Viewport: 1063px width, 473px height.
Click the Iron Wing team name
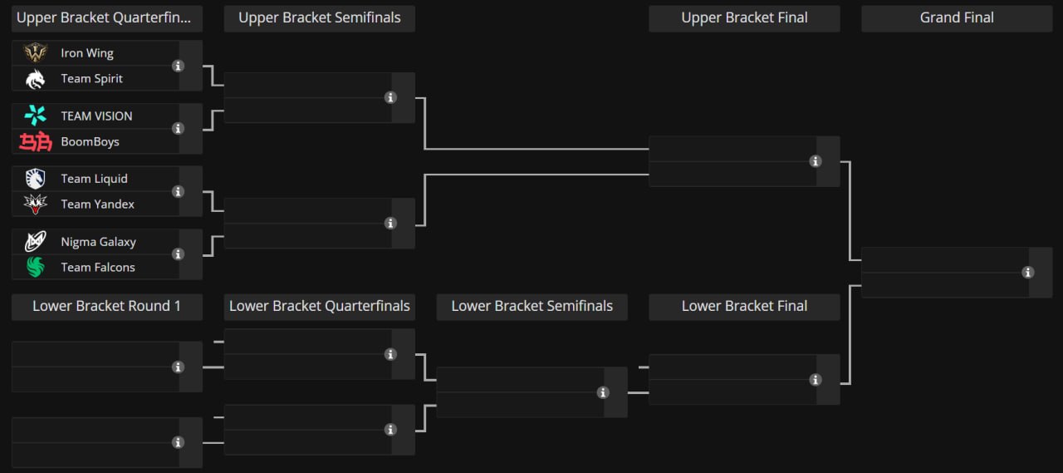[87, 53]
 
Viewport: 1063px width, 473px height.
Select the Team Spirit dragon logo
[35, 79]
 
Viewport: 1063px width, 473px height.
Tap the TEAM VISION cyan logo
[35, 116]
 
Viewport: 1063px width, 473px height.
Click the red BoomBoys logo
[35, 141]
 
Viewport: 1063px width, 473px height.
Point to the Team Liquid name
[94, 179]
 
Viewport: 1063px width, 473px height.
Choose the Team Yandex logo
[35, 204]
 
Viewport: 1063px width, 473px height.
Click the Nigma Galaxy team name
[98, 242]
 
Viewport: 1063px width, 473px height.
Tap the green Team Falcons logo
[35, 267]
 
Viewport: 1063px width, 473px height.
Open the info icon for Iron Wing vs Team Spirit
[178, 66]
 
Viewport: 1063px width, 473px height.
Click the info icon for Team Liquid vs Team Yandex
[178, 191]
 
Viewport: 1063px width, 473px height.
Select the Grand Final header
[957, 18]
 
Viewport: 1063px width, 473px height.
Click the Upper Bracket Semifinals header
[320, 18]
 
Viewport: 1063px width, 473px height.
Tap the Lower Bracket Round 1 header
[107, 306]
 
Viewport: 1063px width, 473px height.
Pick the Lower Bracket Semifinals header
[532, 306]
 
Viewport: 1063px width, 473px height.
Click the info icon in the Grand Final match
[1028, 273]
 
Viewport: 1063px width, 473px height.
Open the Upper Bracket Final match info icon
[816, 161]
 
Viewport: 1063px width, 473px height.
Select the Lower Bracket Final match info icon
[816, 380]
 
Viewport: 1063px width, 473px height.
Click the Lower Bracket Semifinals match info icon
[603, 392]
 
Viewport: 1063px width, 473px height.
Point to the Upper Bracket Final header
[744, 18]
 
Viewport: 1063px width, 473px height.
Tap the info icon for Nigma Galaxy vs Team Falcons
[178, 254]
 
